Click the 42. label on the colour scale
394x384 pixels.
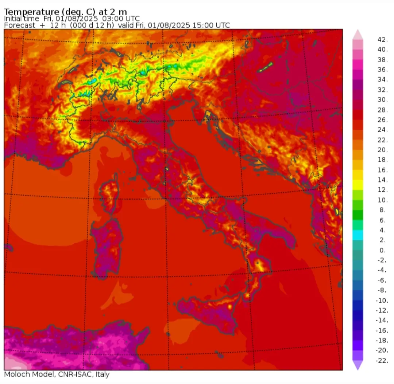tap(382, 40)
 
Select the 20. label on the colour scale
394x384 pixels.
tap(382, 150)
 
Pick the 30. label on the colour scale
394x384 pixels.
tap(382, 100)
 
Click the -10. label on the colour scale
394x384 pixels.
tap(382, 301)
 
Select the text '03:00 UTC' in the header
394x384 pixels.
tap(122, 19)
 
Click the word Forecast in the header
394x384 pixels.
tap(20, 25)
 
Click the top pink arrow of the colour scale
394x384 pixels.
tap(358, 34)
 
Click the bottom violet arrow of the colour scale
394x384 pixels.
tap(358, 365)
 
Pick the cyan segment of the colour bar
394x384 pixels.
tap(358, 235)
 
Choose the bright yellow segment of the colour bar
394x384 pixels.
tap(358, 185)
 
